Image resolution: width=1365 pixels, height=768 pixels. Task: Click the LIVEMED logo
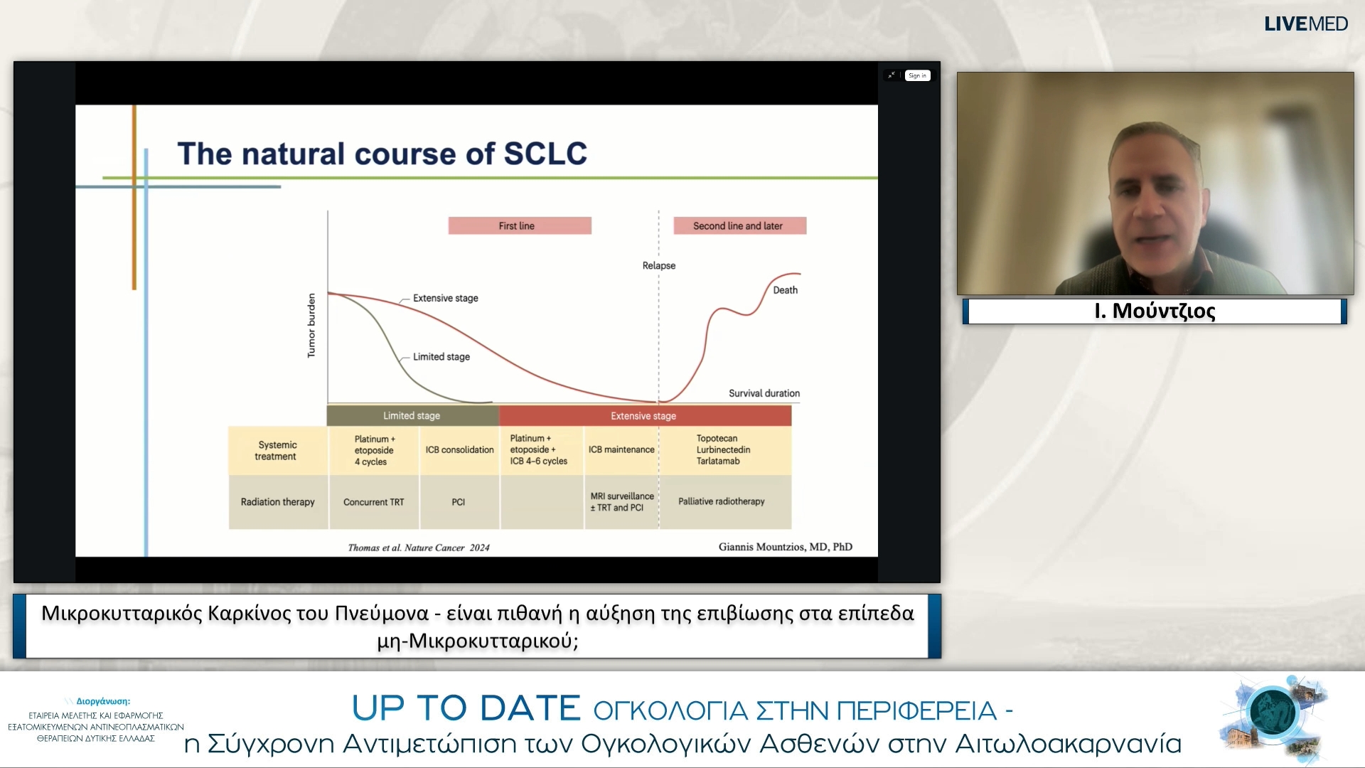pos(1305,23)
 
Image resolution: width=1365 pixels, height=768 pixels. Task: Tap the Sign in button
pos(917,75)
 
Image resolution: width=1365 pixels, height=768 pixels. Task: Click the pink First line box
pos(520,225)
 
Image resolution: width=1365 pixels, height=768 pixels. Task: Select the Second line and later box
pos(739,225)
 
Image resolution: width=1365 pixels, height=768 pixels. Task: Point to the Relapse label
pos(659,265)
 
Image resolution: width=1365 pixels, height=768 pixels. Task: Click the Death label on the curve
pos(786,290)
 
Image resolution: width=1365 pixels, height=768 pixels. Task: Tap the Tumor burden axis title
pos(311,325)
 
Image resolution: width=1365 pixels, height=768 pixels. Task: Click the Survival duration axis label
pos(764,393)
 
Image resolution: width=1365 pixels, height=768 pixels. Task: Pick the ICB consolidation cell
pos(459,450)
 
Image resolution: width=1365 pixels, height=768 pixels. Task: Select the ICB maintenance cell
pos(621,450)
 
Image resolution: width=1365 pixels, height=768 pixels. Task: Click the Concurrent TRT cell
pos(373,502)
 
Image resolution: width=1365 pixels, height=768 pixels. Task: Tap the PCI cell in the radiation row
pos(459,502)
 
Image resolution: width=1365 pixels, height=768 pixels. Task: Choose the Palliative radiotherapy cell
pos(722,501)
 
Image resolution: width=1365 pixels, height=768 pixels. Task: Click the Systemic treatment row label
pos(277,450)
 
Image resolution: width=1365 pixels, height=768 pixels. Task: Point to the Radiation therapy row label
pos(277,502)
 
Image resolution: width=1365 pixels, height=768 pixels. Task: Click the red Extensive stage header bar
pos(644,416)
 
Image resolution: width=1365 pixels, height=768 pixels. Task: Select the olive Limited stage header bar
pos(412,416)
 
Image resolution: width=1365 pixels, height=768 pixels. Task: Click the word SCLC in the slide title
pos(545,154)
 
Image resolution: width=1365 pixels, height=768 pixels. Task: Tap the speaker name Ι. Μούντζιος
pos(1155,311)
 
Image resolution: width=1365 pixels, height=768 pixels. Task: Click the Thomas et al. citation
pos(419,548)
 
